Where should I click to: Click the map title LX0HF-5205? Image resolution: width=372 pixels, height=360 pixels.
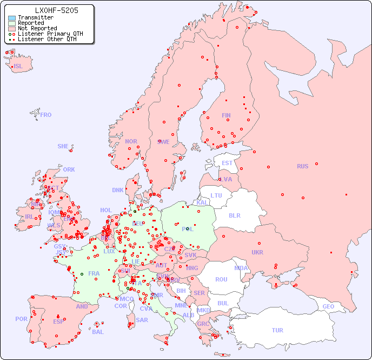point(56,10)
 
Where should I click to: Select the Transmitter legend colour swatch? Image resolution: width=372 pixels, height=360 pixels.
point(12,18)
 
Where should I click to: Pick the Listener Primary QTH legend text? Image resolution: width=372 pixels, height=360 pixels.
point(50,34)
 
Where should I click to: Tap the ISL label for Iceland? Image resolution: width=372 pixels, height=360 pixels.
point(18,67)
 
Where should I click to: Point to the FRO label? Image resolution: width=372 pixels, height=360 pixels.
point(46,115)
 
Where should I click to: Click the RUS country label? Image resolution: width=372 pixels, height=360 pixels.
point(302,166)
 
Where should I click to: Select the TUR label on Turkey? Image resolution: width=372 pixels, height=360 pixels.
point(277,330)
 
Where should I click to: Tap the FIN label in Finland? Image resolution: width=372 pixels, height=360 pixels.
point(226,115)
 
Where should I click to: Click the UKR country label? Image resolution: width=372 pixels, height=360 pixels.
point(257,252)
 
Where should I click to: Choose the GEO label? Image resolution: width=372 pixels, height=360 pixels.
point(328,306)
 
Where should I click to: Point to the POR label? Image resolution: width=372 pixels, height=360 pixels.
point(21,319)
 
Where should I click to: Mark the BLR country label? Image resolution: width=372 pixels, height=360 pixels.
point(234,215)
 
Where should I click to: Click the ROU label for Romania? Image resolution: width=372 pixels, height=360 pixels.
point(221,279)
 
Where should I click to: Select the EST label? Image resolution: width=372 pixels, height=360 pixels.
point(227,163)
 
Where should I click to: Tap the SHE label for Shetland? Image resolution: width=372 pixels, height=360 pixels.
point(63,146)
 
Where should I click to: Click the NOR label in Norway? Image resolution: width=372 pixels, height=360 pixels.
point(131,141)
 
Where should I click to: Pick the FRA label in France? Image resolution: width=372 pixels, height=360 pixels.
point(94,273)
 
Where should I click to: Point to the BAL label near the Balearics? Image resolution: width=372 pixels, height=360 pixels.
point(98,332)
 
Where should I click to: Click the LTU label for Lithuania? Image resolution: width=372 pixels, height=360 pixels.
point(216,195)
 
